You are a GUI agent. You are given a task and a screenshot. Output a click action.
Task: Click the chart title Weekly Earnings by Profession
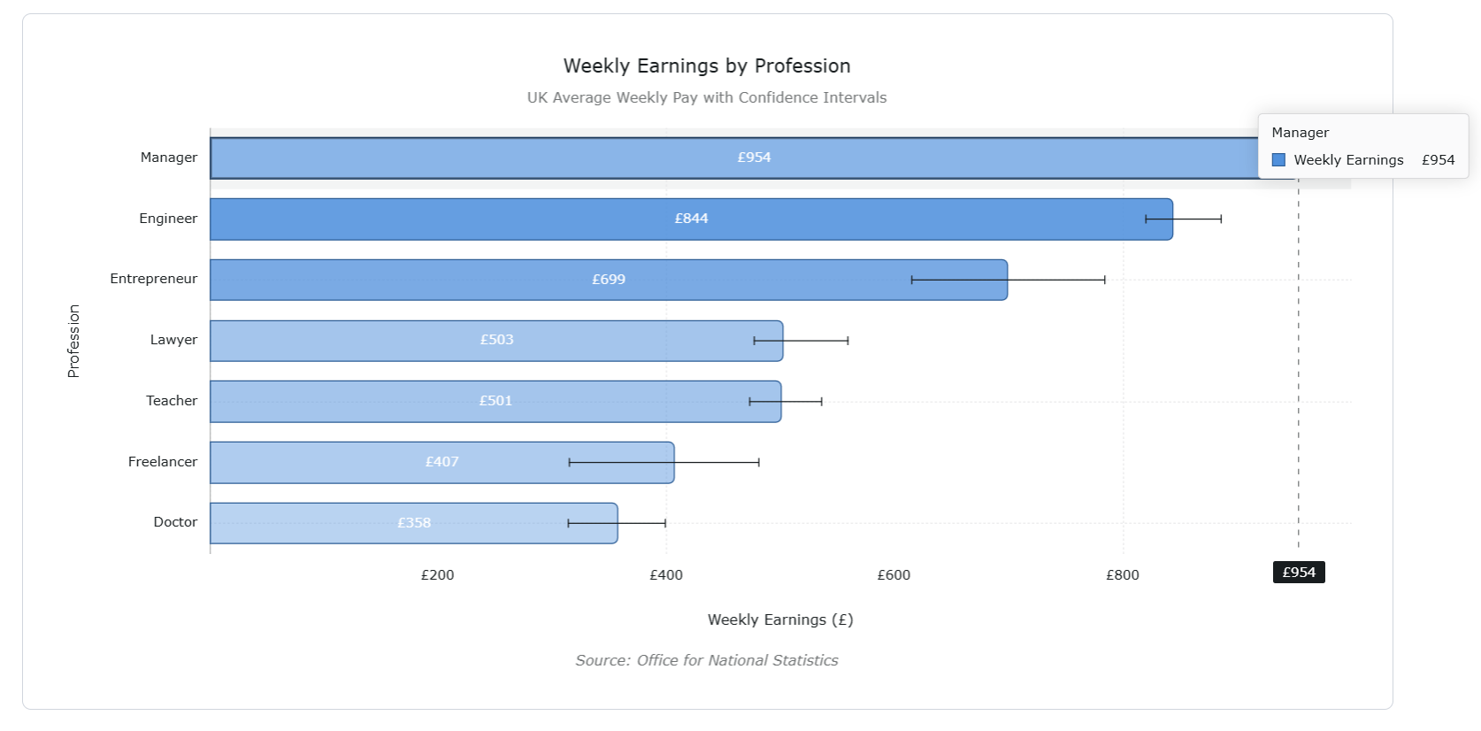[707, 66]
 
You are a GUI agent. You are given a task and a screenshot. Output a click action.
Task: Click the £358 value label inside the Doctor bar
[414, 523]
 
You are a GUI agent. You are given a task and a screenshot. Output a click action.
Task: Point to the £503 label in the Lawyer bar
[496, 340]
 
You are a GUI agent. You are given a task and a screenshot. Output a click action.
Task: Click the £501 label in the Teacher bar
[495, 401]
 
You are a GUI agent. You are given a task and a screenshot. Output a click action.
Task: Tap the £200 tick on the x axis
[437, 575]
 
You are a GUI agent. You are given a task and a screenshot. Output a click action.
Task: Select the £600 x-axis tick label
[894, 575]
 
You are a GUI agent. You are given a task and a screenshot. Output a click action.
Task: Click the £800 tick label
[1122, 575]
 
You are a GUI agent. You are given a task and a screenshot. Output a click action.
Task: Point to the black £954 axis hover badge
[1299, 573]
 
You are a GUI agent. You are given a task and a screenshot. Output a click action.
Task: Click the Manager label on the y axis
[168, 158]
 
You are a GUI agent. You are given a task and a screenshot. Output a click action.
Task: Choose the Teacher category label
[172, 401]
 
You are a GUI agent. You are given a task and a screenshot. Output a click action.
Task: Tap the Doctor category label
[175, 522]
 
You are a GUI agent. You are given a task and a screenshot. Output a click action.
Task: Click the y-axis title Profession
[73, 341]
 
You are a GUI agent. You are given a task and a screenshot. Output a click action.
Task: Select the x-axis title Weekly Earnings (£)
[780, 619]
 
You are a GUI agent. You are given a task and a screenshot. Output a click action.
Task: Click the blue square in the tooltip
[1278, 160]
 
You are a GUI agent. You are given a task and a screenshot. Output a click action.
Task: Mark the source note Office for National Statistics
[707, 660]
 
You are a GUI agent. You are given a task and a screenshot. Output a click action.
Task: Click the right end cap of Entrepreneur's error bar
[1104, 280]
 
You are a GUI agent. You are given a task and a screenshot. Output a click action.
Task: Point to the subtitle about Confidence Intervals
[707, 97]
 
